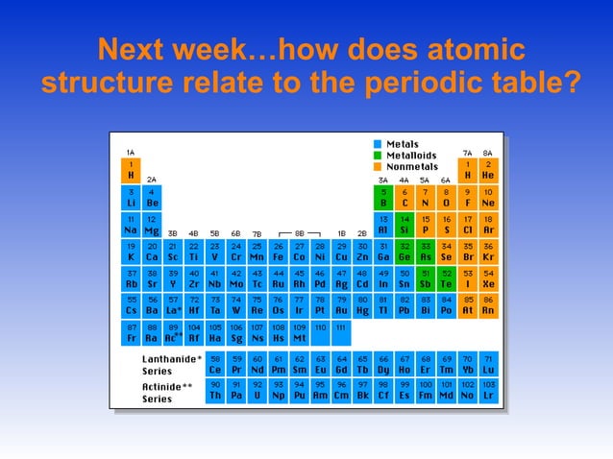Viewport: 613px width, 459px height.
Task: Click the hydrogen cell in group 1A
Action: pyautogui.click(x=131, y=170)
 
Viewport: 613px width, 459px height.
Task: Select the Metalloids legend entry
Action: pyautogui.click(x=410, y=156)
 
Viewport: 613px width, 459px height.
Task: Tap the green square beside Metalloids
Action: pyautogui.click(x=378, y=156)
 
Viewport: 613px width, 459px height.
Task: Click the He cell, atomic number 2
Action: pyautogui.click(x=488, y=170)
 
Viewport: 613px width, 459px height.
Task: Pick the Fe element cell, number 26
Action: pyautogui.click(x=278, y=252)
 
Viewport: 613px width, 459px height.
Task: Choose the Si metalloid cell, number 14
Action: pyautogui.click(x=405, y=225)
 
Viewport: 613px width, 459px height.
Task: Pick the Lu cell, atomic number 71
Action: pyautogui.click(x=488, y=364)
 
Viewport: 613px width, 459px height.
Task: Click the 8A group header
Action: pyautogui.click(x=488, y=152)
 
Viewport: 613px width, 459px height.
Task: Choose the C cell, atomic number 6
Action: pyautogui.click(x=405, y=198)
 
